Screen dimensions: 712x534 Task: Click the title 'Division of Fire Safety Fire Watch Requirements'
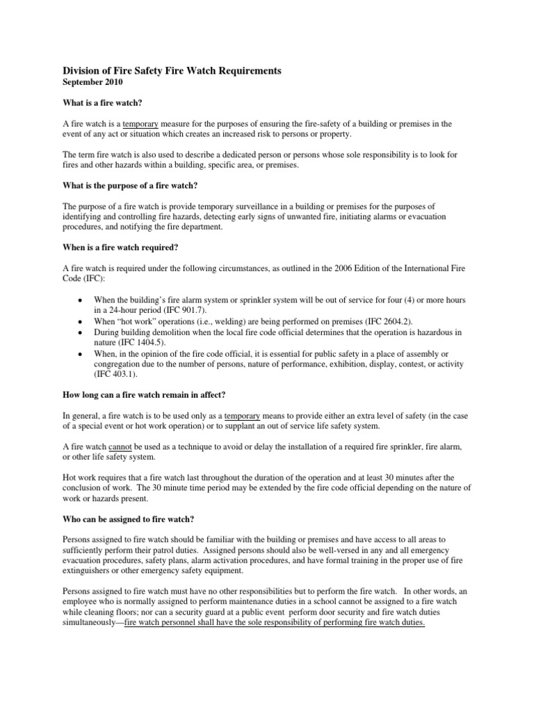tap(172, 70)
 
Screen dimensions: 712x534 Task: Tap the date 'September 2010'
tap(93, 82)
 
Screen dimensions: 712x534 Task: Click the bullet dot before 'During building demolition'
tap(81, 333)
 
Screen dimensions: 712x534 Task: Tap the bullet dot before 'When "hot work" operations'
tap(81, 323)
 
